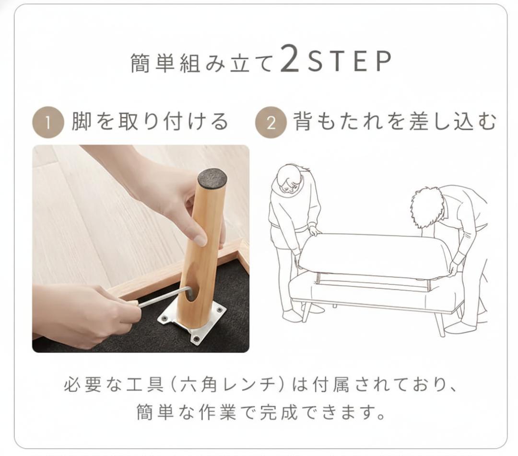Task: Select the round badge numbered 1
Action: tap(48, 122)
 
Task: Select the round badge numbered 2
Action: tap(271, 122)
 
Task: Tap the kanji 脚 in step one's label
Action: tap(81, 121)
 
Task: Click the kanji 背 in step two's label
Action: tap(303, 121)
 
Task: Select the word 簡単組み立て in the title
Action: tap(202, 62)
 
